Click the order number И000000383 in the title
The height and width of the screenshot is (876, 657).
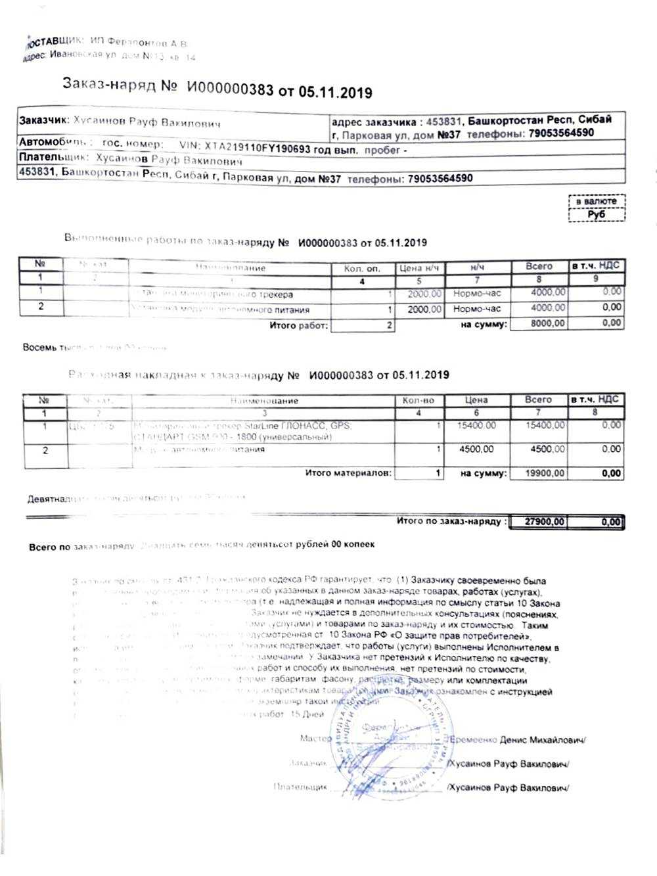tap(229, 89)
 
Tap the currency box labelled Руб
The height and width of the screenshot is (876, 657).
tap(597, 214)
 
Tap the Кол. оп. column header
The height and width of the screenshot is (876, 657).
tap(362, 268)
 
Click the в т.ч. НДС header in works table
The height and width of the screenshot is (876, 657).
tap(595, 266)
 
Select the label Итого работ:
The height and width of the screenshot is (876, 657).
tap(298, 325)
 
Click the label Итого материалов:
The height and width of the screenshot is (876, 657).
tap(348, 473)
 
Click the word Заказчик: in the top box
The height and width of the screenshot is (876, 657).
tap(44, 121)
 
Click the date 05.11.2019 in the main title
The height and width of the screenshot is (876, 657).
tap(336, 92)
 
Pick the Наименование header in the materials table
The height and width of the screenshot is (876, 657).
tap(265, 400)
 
